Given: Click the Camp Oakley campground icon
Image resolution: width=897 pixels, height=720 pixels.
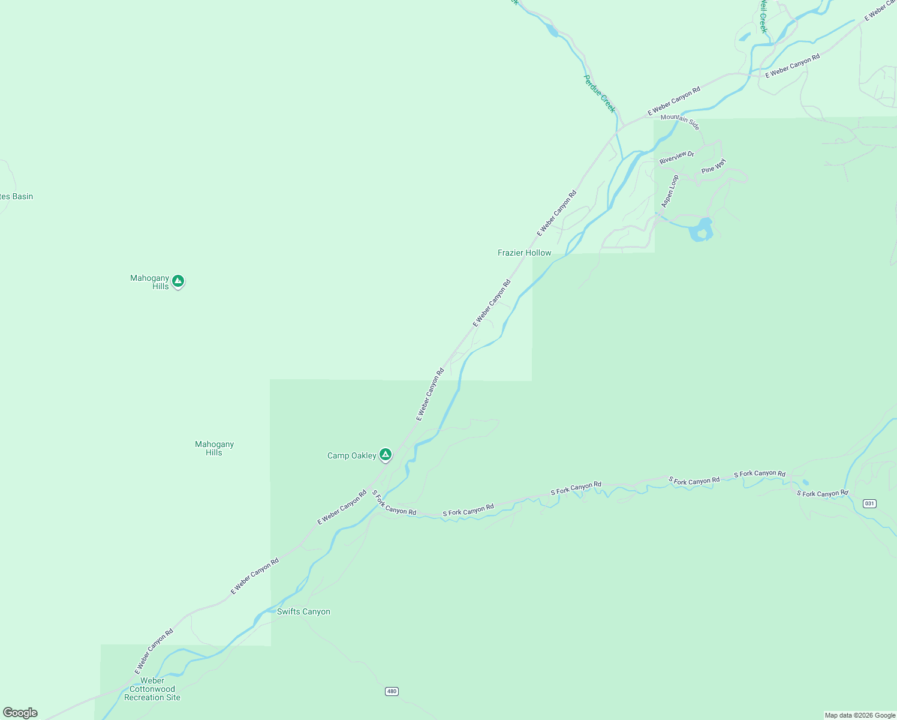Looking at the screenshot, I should [x=386, y=454].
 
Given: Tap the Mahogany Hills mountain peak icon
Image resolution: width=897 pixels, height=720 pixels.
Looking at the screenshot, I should [x=177, y=280].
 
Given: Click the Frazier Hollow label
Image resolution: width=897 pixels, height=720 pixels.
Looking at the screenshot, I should [x=524, y=253].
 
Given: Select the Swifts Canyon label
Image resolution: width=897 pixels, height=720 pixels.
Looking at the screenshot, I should [x=303, y=611].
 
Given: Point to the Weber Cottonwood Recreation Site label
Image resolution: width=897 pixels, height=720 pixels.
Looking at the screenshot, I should [x=152, y=689].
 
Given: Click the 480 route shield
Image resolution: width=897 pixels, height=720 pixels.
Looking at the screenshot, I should [x=392, y=691].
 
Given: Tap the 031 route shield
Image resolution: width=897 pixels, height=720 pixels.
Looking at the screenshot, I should [x=869, y=503].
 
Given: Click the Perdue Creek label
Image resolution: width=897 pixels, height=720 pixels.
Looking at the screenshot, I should [x=600, y=94].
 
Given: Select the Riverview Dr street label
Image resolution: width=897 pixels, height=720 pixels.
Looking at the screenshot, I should [x=676, y=157].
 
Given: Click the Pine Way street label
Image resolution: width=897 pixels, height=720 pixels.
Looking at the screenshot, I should [x=714, y=166].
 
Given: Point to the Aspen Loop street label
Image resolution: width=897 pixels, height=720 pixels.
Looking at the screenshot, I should [x=670, y=191].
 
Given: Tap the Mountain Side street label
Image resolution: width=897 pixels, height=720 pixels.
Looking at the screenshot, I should [x=680, y=121].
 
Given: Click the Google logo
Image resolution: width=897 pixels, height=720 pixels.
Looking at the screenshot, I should [x=20, y=713].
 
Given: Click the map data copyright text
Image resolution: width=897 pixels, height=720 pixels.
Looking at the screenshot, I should [x=860, y=715].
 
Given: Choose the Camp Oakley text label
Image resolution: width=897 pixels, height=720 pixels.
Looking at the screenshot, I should [x=351, y=455].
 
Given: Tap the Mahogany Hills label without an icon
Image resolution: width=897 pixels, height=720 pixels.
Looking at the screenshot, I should [x=214, y=448].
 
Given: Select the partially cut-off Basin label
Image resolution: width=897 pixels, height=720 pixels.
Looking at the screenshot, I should [x=16, y=196].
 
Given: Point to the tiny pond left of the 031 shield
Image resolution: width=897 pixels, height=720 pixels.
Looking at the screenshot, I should [x=805, y=482].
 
